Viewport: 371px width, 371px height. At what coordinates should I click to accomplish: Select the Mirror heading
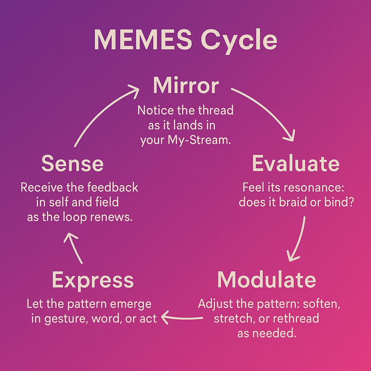pos(185,86)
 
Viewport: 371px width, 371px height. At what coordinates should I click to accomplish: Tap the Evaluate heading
pos(296,163)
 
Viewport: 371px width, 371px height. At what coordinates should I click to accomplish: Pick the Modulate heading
pos(267,279)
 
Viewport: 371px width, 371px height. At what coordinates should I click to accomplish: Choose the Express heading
pos(93,280)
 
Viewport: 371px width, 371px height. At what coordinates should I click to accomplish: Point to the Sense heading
pos(72,163)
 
